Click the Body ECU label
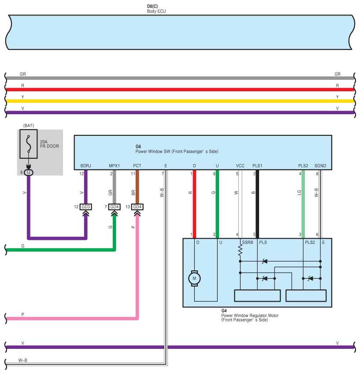[156, 11]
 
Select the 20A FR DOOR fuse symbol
[29, 144]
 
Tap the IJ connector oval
[29, 172]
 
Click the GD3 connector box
[86, 207]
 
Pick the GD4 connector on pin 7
[115, 207]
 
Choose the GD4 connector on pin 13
[137, 207]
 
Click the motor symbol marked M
[194, 278]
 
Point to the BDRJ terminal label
[86, 166]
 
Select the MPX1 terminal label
[115, 166]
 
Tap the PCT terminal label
[137, 166]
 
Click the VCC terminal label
[240, 166]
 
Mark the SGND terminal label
[320, 166]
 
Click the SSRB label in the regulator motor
[248, 243]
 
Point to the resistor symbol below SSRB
[240, 251]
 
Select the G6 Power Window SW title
[177, 149]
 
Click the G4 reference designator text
[224, 311]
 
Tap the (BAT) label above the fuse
[29, 126]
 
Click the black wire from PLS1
[257, 204]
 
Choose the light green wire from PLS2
[303, 204]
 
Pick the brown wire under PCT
[137, 187]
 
